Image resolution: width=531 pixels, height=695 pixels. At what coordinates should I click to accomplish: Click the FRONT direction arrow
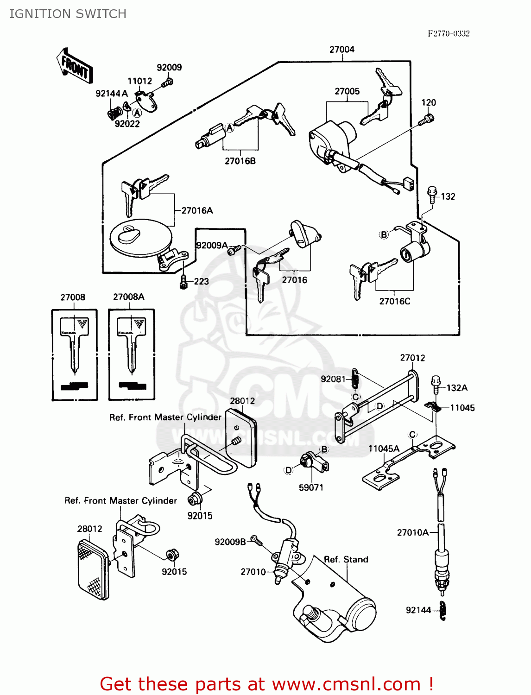click(x=75, y=66)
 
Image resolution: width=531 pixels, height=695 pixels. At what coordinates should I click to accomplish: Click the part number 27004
click(x=341, y=49)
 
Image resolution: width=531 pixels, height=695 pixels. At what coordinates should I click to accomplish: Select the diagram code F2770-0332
click(x=448, y=33)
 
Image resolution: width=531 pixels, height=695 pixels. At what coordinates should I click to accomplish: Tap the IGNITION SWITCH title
click(x=68, y=14)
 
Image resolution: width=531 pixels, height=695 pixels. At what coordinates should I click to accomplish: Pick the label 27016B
click(x=240, y=161)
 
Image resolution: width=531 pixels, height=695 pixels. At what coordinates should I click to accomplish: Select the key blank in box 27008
click(x=74, y=345)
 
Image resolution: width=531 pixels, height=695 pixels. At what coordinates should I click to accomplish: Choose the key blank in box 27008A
click(x=132, y=345)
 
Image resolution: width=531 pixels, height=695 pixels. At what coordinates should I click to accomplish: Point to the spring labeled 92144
click(x=442, y=610)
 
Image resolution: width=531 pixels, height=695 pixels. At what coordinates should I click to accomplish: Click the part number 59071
click(x=311, y=487)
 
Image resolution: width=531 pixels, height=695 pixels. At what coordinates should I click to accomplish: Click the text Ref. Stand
click(x=346, y=559)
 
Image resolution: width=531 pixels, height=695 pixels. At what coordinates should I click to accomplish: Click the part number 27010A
click(x=412, y=532)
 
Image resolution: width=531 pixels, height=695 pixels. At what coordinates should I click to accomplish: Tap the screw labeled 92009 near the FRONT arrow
click(x=168, y=83)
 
